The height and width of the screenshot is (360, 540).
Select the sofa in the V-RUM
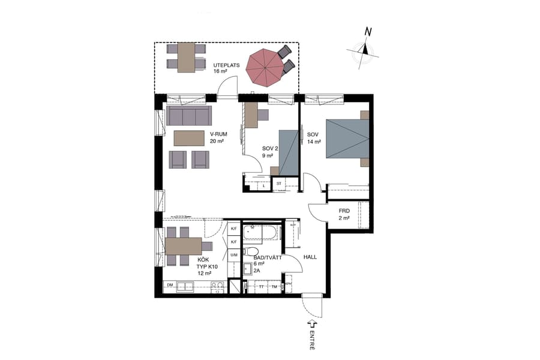[x=189, y=115]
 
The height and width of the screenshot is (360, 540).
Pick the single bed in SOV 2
[x=289, y=152]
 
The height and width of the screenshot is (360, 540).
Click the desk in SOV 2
[x=251, y=115]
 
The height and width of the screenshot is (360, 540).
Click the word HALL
[x=310, y=257]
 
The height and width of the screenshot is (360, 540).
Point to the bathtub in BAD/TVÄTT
[x=263, y=232]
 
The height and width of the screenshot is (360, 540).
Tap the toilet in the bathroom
[x=252, y=252]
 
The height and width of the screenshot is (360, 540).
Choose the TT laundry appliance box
[x=261, y=287]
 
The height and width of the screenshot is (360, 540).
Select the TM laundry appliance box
[x=275, y=287]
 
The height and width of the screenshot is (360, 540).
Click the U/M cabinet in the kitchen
[x=234, y=255]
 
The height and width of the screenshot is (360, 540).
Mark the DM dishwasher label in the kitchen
[x=170, y=284]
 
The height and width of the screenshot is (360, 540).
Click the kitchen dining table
[x=183, y=246]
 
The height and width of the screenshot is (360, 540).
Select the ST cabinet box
[x=279, y=184]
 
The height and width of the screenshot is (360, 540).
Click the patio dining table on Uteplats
[x=186, y=58]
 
